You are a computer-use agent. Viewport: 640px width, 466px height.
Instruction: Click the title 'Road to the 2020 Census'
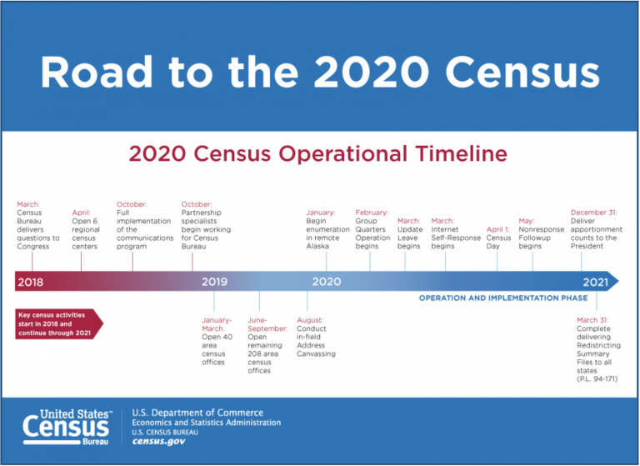(x=319, y=73)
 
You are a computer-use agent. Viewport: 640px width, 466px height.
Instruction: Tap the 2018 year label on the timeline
(x=30, y=282)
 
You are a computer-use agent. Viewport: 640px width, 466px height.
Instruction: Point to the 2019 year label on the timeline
(x=215, y=282)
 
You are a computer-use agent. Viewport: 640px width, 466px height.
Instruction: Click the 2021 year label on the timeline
(x=595, y=282)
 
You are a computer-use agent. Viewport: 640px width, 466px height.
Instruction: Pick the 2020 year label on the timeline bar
(x=326, y=282)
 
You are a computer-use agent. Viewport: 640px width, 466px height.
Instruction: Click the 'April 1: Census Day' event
(x=499, y=237)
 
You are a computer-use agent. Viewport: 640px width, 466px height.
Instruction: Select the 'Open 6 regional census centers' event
(x=85, y=229)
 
